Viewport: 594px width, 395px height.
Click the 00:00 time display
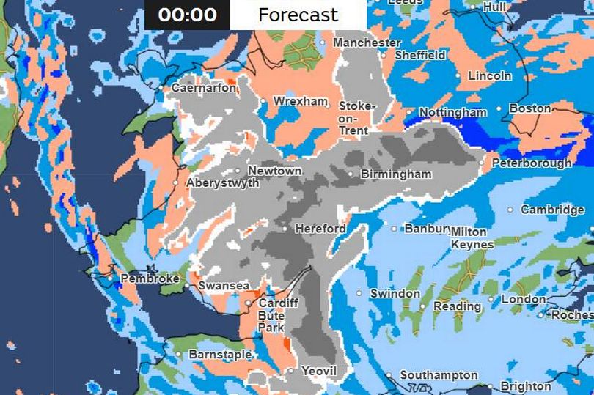[187, 15]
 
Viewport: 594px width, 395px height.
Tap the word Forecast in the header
[298, 15]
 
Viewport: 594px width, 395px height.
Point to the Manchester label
[367, 43]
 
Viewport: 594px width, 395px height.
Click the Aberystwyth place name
[222, 183]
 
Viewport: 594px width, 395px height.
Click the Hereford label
[320, 229]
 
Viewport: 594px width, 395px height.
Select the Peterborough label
[531, 163]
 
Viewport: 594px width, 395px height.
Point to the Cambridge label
[551, 210]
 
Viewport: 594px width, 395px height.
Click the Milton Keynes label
[472, 237]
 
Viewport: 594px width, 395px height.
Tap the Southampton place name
[439, 375]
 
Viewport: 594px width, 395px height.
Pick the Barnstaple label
[220, 355]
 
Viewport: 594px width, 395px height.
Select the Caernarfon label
[203, 88]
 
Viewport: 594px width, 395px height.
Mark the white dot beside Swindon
[359, 293]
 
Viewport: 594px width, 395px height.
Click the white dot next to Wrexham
[263, 101]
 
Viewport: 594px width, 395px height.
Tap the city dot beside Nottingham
[411, 113]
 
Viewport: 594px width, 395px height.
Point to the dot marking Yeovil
[291, 371]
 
